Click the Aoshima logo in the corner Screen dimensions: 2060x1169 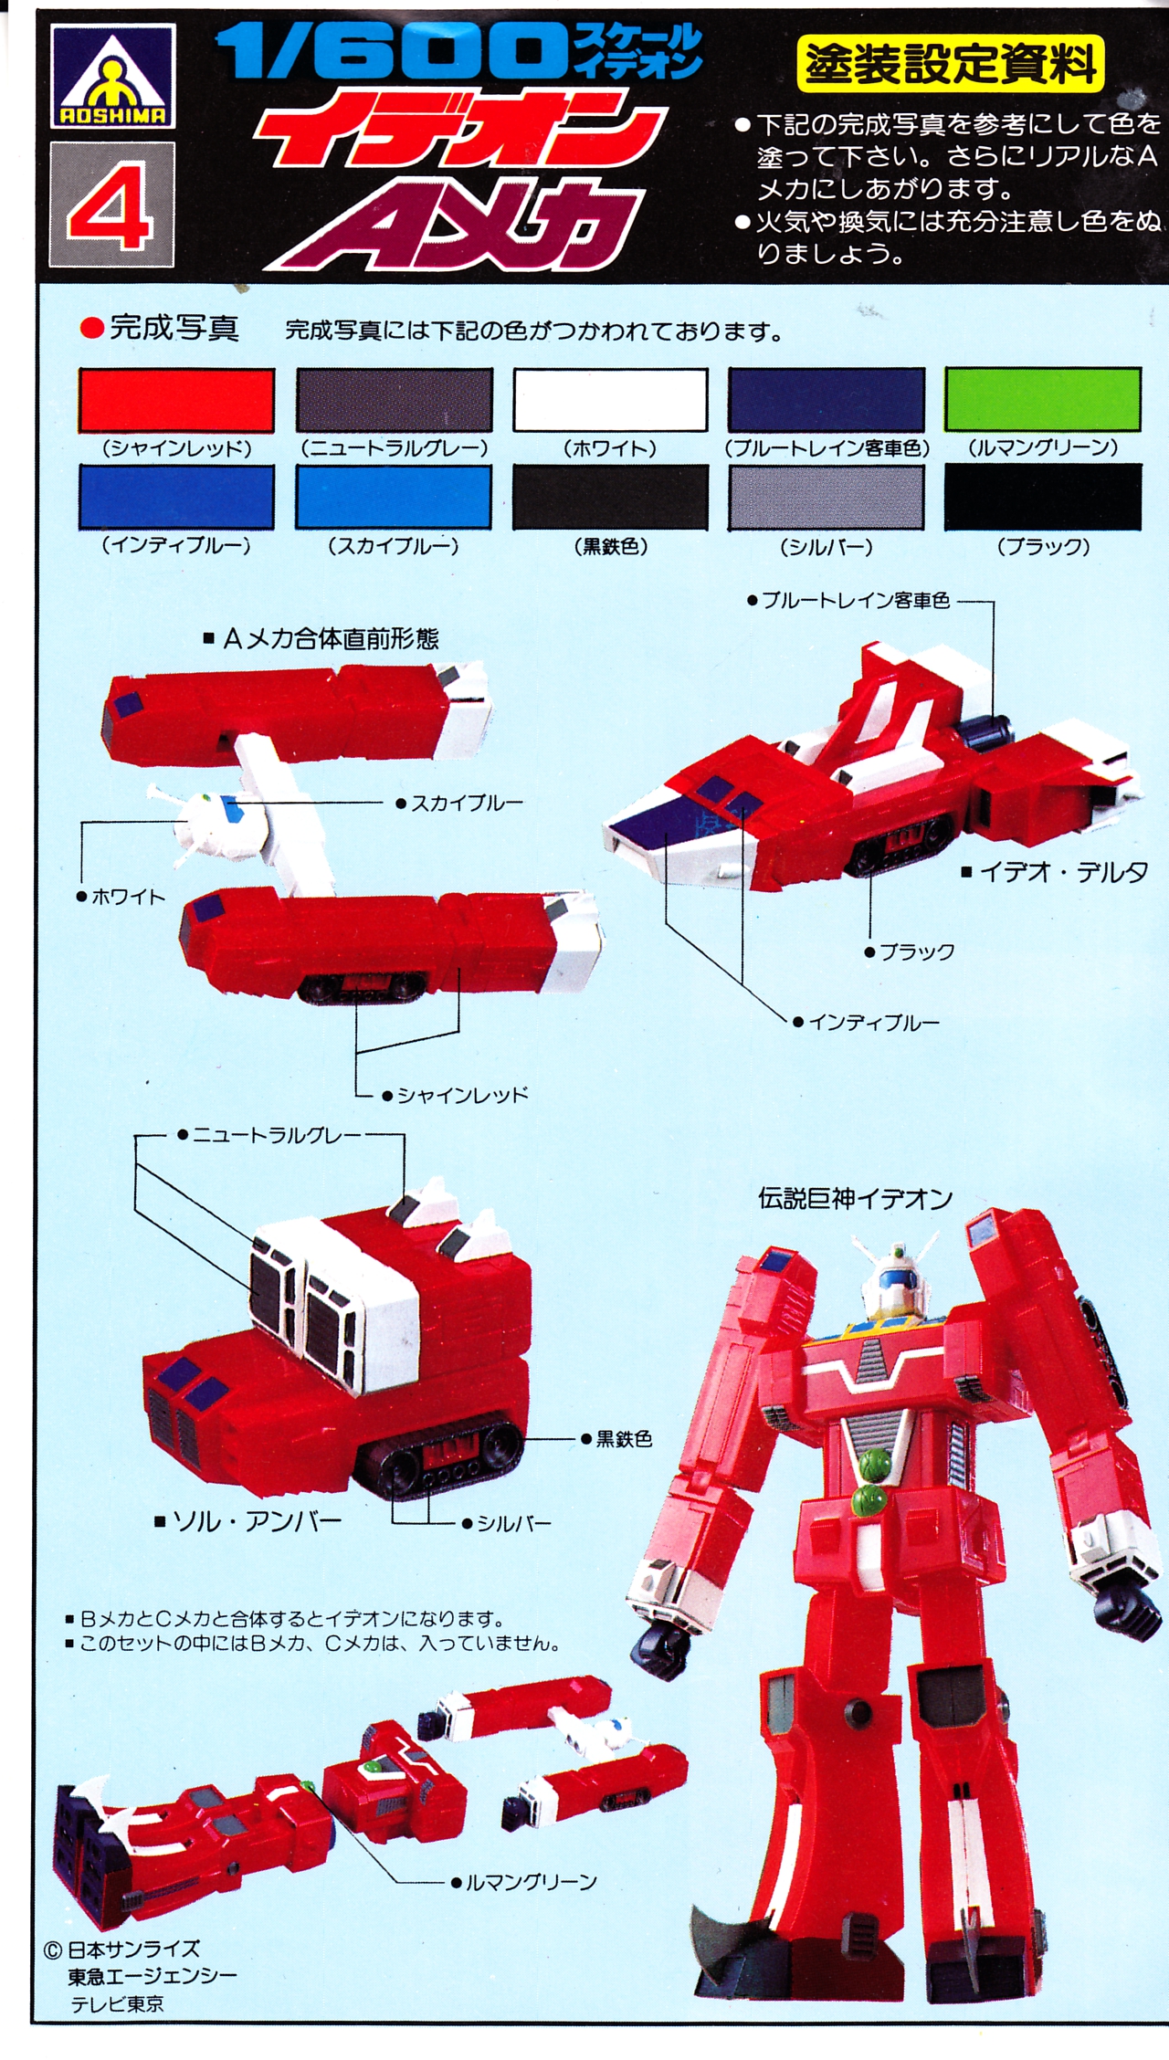point(112,77)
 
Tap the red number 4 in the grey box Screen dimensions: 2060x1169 point(111,206)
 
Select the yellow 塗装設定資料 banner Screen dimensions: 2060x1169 point(950,65)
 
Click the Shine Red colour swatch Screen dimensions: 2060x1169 point(176,400)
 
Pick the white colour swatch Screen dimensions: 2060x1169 point(610,400)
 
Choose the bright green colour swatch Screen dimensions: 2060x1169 point(1043,399)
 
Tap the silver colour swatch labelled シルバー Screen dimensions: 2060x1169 point(826,498)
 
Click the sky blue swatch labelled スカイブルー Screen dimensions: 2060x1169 point(394,498)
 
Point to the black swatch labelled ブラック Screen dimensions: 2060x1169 point(1043,498)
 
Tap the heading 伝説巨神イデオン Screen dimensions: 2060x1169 point(855,1198)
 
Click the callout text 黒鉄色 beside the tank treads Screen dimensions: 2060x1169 point(624,1439)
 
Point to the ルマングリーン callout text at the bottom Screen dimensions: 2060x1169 point(531,1882)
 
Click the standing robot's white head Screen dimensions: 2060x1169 point(894,1277)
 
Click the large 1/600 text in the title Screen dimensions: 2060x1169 point(393,53)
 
